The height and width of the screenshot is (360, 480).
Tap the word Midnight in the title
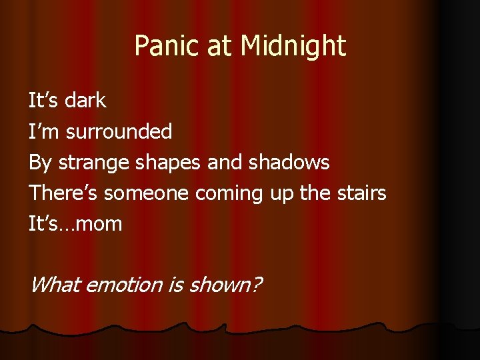pyautogui.click(x=293, y=46)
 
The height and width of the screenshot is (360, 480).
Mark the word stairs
pyautogui.click(x=361, y=193)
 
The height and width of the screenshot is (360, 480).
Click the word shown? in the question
pyautogui.click(x=225, y=285)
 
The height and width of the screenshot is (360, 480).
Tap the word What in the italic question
pyautogui.click(x=55, y=285)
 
